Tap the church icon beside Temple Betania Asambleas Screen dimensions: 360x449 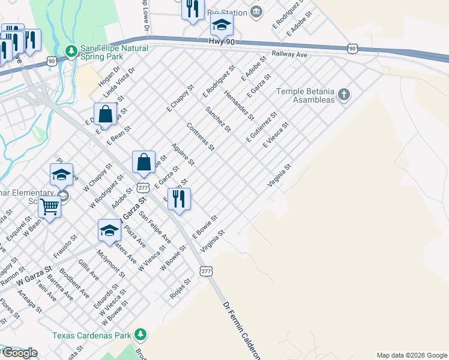(343, 94)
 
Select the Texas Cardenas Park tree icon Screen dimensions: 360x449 (140, 334)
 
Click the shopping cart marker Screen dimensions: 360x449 (50, 207)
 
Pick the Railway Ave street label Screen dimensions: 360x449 (289, 54)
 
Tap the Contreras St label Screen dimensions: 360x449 (200, 137)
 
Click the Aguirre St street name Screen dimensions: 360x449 (183, 155)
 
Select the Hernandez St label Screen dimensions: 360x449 (239, 103)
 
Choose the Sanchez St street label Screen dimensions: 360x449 (218, 119)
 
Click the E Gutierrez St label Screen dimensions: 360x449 (262, 127)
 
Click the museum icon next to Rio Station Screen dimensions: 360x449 (256, 11)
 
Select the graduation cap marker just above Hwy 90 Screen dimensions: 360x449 (221, 25)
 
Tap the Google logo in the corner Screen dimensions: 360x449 (19, 353)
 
